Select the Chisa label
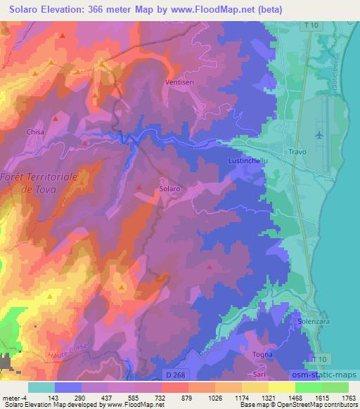coord(34,131)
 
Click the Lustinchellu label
coord(247,162)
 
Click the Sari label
coord(257,376)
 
